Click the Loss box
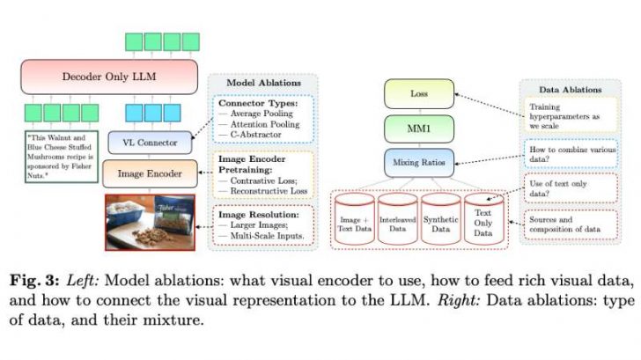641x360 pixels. (418, 92)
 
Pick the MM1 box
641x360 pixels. (418, 129)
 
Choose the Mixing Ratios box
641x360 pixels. (418, 163)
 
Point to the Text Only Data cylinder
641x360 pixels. (483, 220)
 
